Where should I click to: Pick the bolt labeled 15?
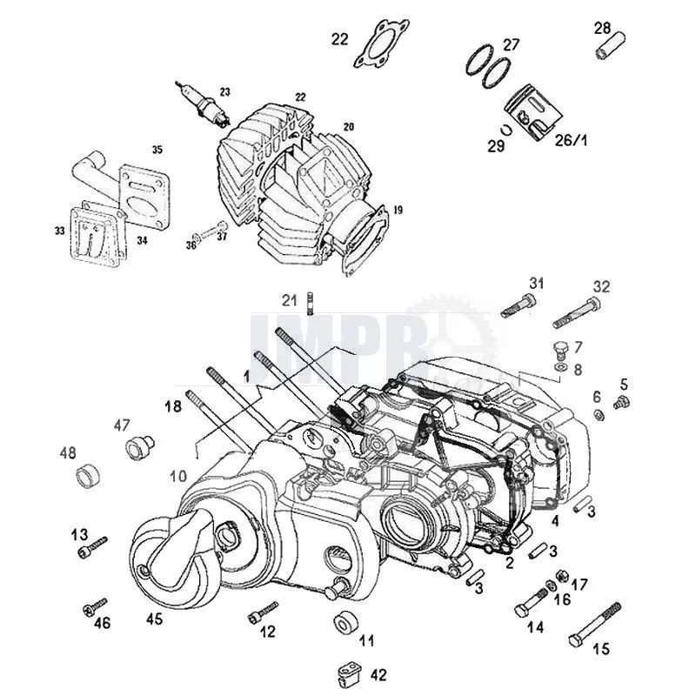(596, 626)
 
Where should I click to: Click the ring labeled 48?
(90, 476)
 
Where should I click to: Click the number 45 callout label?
(154, 619)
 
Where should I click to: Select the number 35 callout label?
(157, 150)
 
